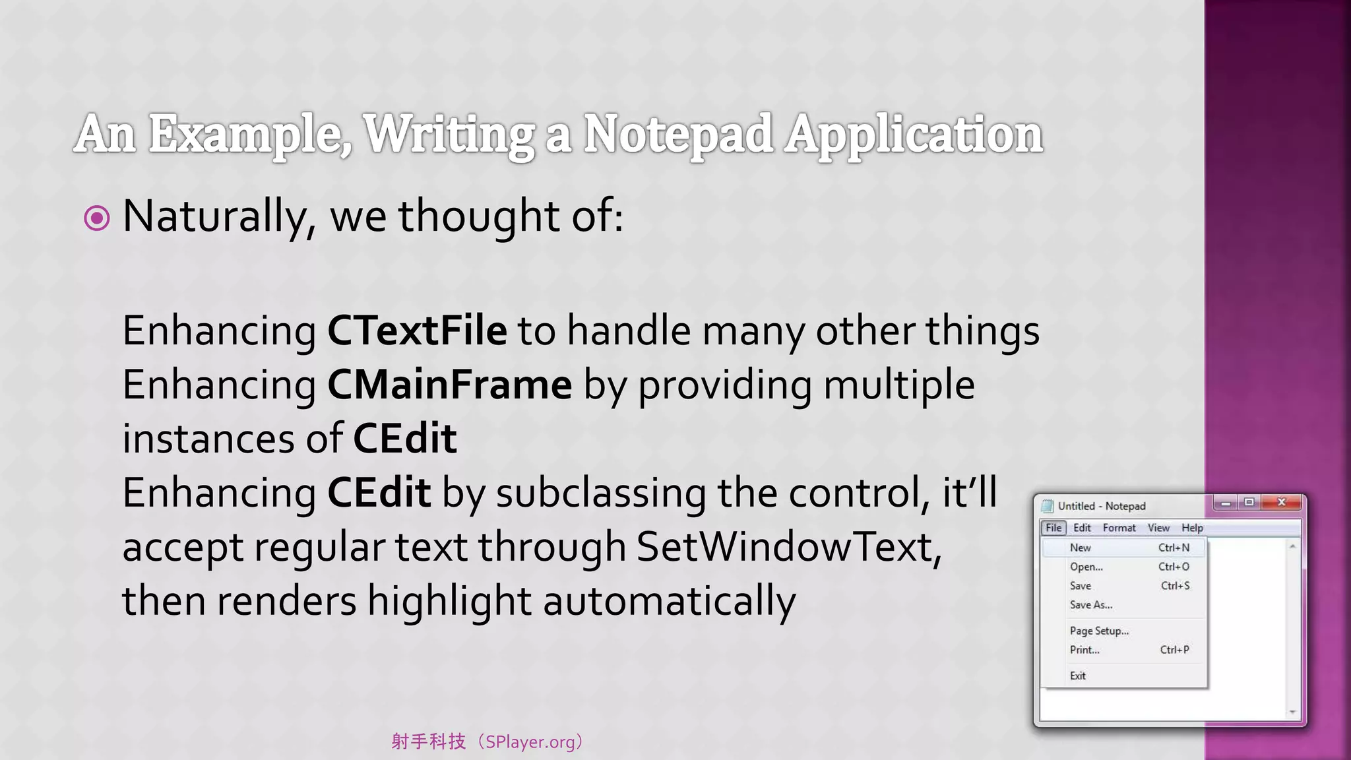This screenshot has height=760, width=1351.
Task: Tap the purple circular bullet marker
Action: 97,218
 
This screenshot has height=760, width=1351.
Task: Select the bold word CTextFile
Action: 417,331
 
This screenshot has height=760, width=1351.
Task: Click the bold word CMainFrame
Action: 449,385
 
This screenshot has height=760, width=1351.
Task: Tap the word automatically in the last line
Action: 669,601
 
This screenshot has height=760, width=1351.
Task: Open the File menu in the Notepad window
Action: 1053,528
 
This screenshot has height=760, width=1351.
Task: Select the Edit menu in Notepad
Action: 1082,528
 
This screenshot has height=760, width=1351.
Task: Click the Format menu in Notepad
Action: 1119,528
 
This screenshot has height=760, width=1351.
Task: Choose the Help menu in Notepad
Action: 1192,528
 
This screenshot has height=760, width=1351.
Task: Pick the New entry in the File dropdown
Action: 1081,548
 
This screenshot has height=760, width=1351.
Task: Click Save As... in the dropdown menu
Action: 1091,605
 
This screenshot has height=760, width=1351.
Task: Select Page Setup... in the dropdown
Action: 1099,631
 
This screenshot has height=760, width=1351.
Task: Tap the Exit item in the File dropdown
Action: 1078,676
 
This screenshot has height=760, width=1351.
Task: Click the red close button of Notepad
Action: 1282,503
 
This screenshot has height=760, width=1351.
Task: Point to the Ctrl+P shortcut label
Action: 1174,650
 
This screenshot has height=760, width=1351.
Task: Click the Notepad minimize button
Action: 1226,503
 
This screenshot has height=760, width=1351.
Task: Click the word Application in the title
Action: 913,134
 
